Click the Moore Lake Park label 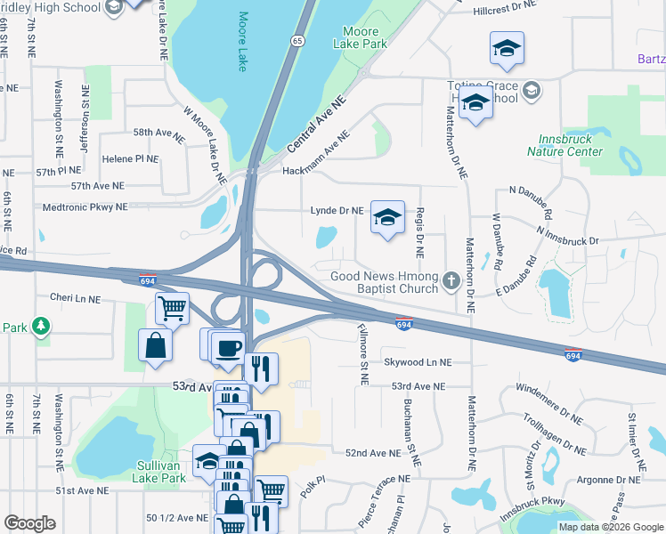coord(360,36)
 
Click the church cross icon coord(451,282)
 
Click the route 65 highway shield coord(297,41)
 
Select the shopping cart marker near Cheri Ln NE coord(172,308)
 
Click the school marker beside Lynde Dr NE coord(387,217)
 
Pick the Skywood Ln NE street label coord(418,362)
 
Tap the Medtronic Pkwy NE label coord(85,206)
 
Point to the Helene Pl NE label coord(130,158)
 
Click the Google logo coord(29,522)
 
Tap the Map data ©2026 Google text coord(610,527)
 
